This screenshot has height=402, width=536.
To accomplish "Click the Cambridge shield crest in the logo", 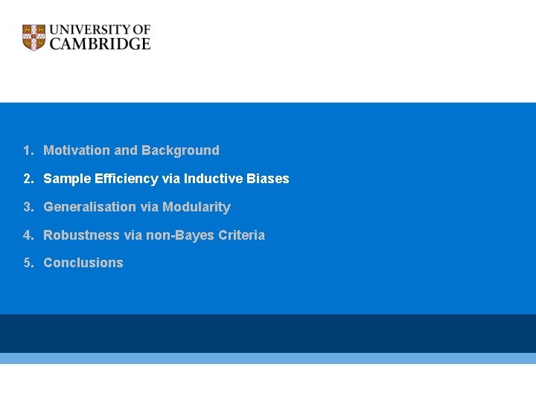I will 33,37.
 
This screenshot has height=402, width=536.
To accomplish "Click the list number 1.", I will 27,150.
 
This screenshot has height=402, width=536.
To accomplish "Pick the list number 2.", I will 27,179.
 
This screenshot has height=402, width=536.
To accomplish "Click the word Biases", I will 269,179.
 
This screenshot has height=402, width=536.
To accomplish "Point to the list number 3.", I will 27,207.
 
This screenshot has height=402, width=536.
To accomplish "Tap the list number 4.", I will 27,235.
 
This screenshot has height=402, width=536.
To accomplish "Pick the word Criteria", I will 242,235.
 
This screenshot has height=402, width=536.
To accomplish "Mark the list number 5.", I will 27,263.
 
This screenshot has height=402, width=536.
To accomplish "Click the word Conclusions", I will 83,263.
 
